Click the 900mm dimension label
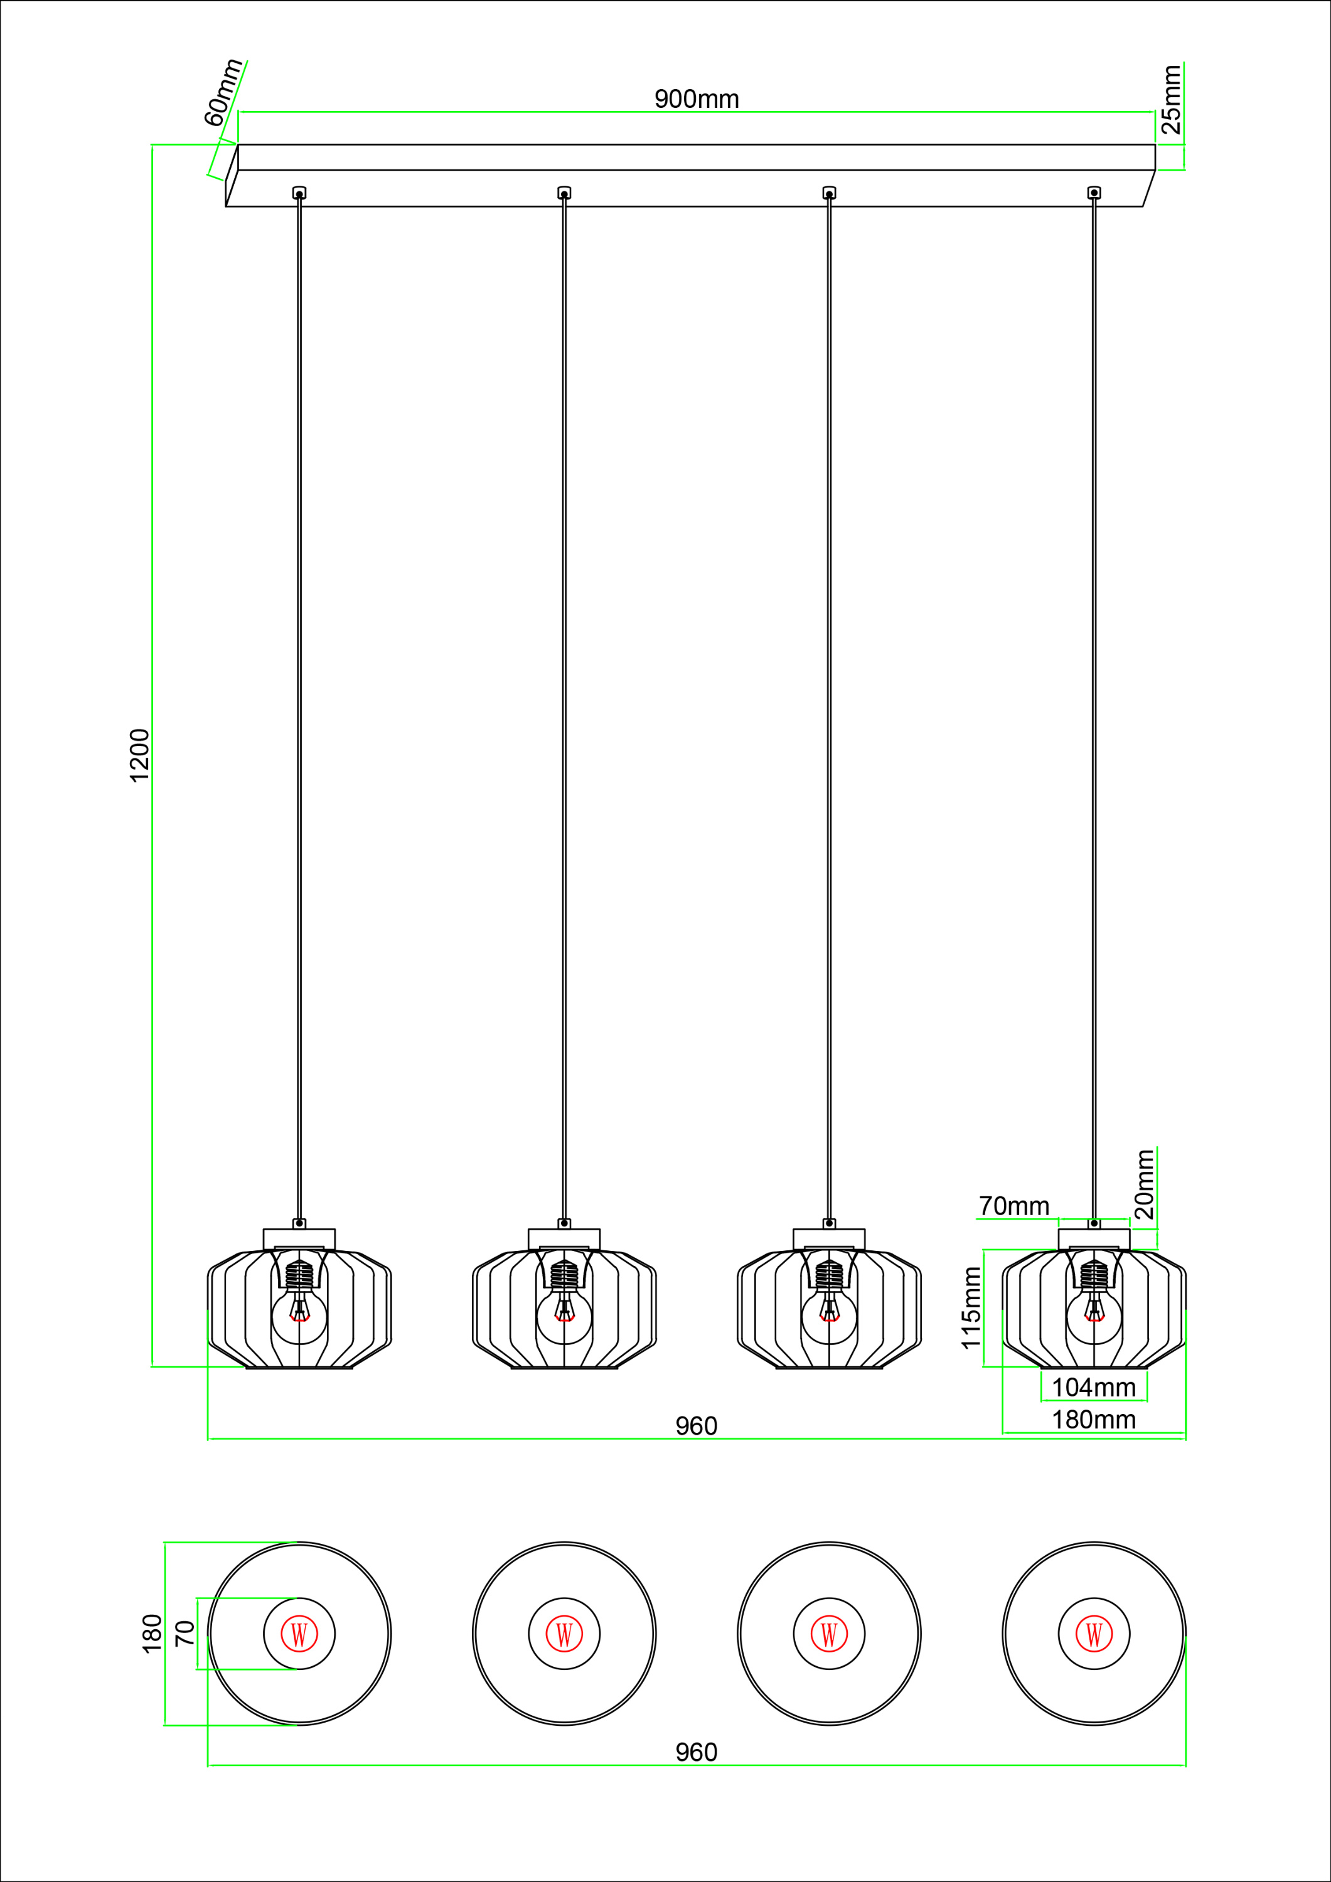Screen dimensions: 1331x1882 [697, 99]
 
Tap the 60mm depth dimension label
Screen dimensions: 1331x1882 [223, 93]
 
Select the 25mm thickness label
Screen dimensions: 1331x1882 [1171, 99]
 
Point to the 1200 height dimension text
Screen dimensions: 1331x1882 [140, 755]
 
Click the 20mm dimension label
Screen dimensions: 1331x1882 [1145, 1184]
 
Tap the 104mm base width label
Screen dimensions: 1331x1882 [1093, 1388]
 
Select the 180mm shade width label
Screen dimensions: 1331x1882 [1093, 1420]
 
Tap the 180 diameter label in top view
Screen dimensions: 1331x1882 [152, 1633]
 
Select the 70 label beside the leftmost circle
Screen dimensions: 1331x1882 [185, 1633]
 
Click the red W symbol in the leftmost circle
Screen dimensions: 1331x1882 [299, 1634]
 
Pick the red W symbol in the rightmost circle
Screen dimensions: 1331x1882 [1094, 1634]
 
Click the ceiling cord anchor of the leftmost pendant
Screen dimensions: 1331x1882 [299, 193]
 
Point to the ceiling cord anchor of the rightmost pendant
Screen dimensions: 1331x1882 [1094, 193]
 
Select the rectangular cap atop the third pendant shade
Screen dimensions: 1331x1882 [829, 1240]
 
